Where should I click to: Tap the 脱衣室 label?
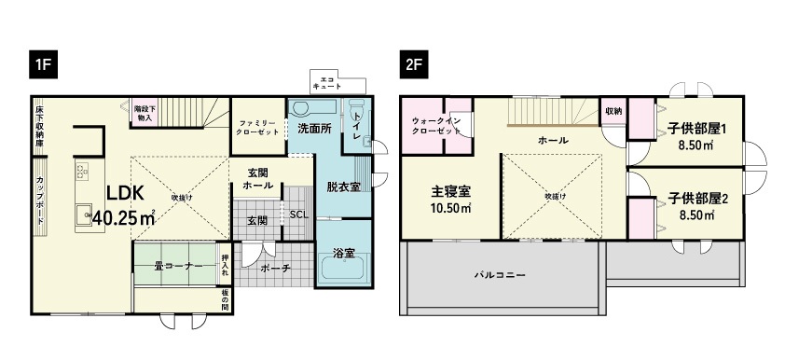(343, 187)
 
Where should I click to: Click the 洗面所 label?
(315, 128)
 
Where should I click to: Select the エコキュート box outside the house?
(327, 82)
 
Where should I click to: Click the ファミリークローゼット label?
(257, 128)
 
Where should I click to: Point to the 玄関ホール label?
(259, 179)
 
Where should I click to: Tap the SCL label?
(298, 214)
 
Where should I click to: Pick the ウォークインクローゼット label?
(436, 126)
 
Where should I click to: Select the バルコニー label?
(502, 276)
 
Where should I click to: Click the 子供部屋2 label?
(697, 199)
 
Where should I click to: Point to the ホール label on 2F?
(553, 140)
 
